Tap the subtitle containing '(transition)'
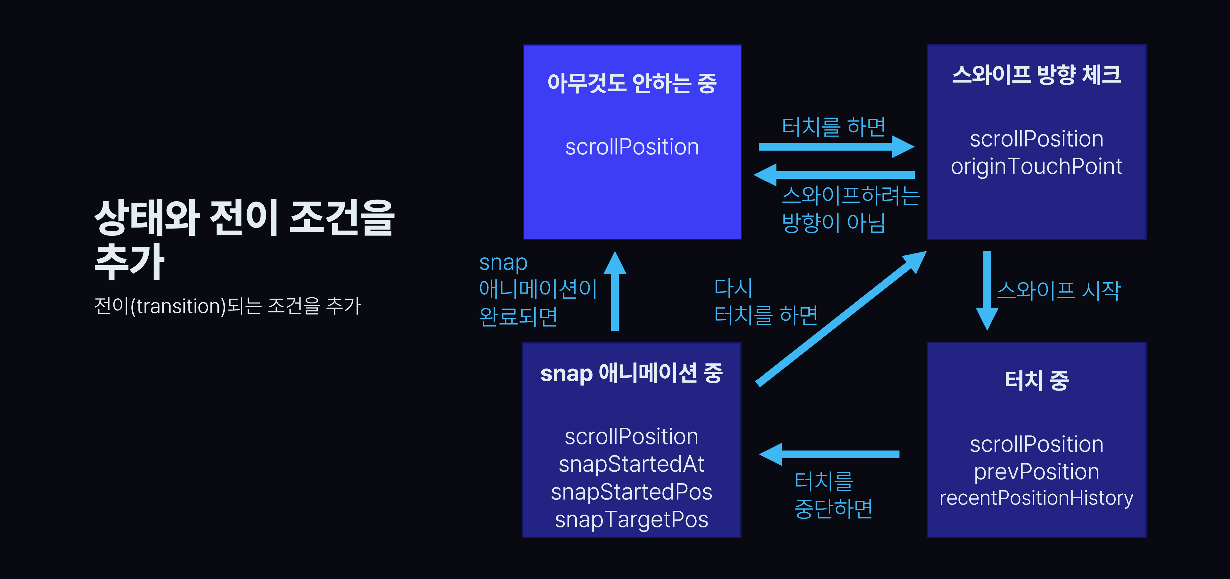pos(227,306)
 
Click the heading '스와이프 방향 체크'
pos(1036,75)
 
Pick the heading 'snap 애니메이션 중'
pos(631,373)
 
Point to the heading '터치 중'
pos(1036,380)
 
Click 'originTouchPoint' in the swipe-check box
pos(1036,166)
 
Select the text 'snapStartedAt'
pos(631,464)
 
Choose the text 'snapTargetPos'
pos(631,519)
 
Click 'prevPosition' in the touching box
pos(1036,472)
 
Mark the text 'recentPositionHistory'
pos(1036,498)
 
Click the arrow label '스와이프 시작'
pos(1058,290)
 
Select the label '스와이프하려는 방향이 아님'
pos(850,209)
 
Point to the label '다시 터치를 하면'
pos(766,302)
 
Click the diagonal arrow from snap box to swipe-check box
pos(840,318)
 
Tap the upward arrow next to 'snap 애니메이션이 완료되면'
pos(615,291)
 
